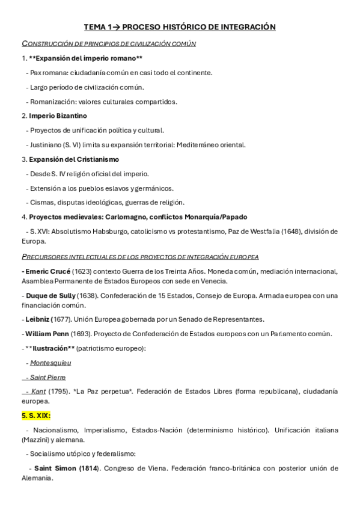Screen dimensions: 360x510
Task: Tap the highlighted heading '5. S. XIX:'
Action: (36, 415)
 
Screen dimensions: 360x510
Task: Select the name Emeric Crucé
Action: (46, 271)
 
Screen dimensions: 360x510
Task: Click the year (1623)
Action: (84, 271)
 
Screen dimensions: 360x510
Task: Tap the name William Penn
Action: (47, 334)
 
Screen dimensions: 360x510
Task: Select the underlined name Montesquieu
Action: (50, 363)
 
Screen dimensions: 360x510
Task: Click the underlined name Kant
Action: (40, 391)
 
